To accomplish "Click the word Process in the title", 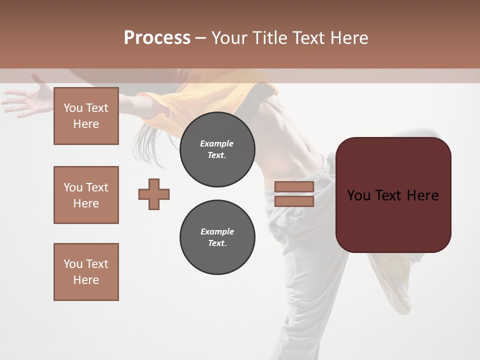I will [157, 38].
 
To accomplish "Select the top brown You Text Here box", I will [86, 116].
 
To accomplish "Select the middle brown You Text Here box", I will [86, 195].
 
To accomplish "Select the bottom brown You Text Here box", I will [86, 272].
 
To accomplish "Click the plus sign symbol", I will [154, 194].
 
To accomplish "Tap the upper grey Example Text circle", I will [217, 149].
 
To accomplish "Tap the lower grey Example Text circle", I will [217, 237].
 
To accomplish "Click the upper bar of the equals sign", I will [294, 187].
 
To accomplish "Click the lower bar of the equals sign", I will [294, 201].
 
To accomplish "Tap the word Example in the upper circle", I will [217, 143].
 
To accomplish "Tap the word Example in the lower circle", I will [217, 231].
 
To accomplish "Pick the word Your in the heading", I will [229, 38].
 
